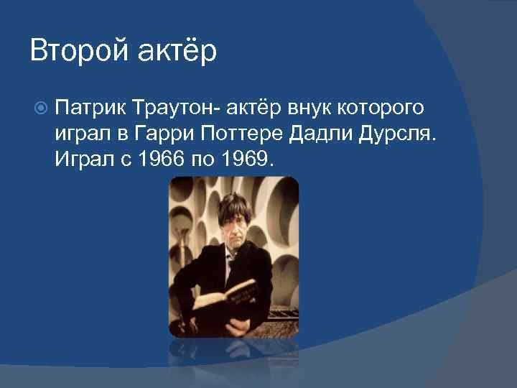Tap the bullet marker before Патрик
tap(41, 108)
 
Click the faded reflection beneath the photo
tap(233, 359)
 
